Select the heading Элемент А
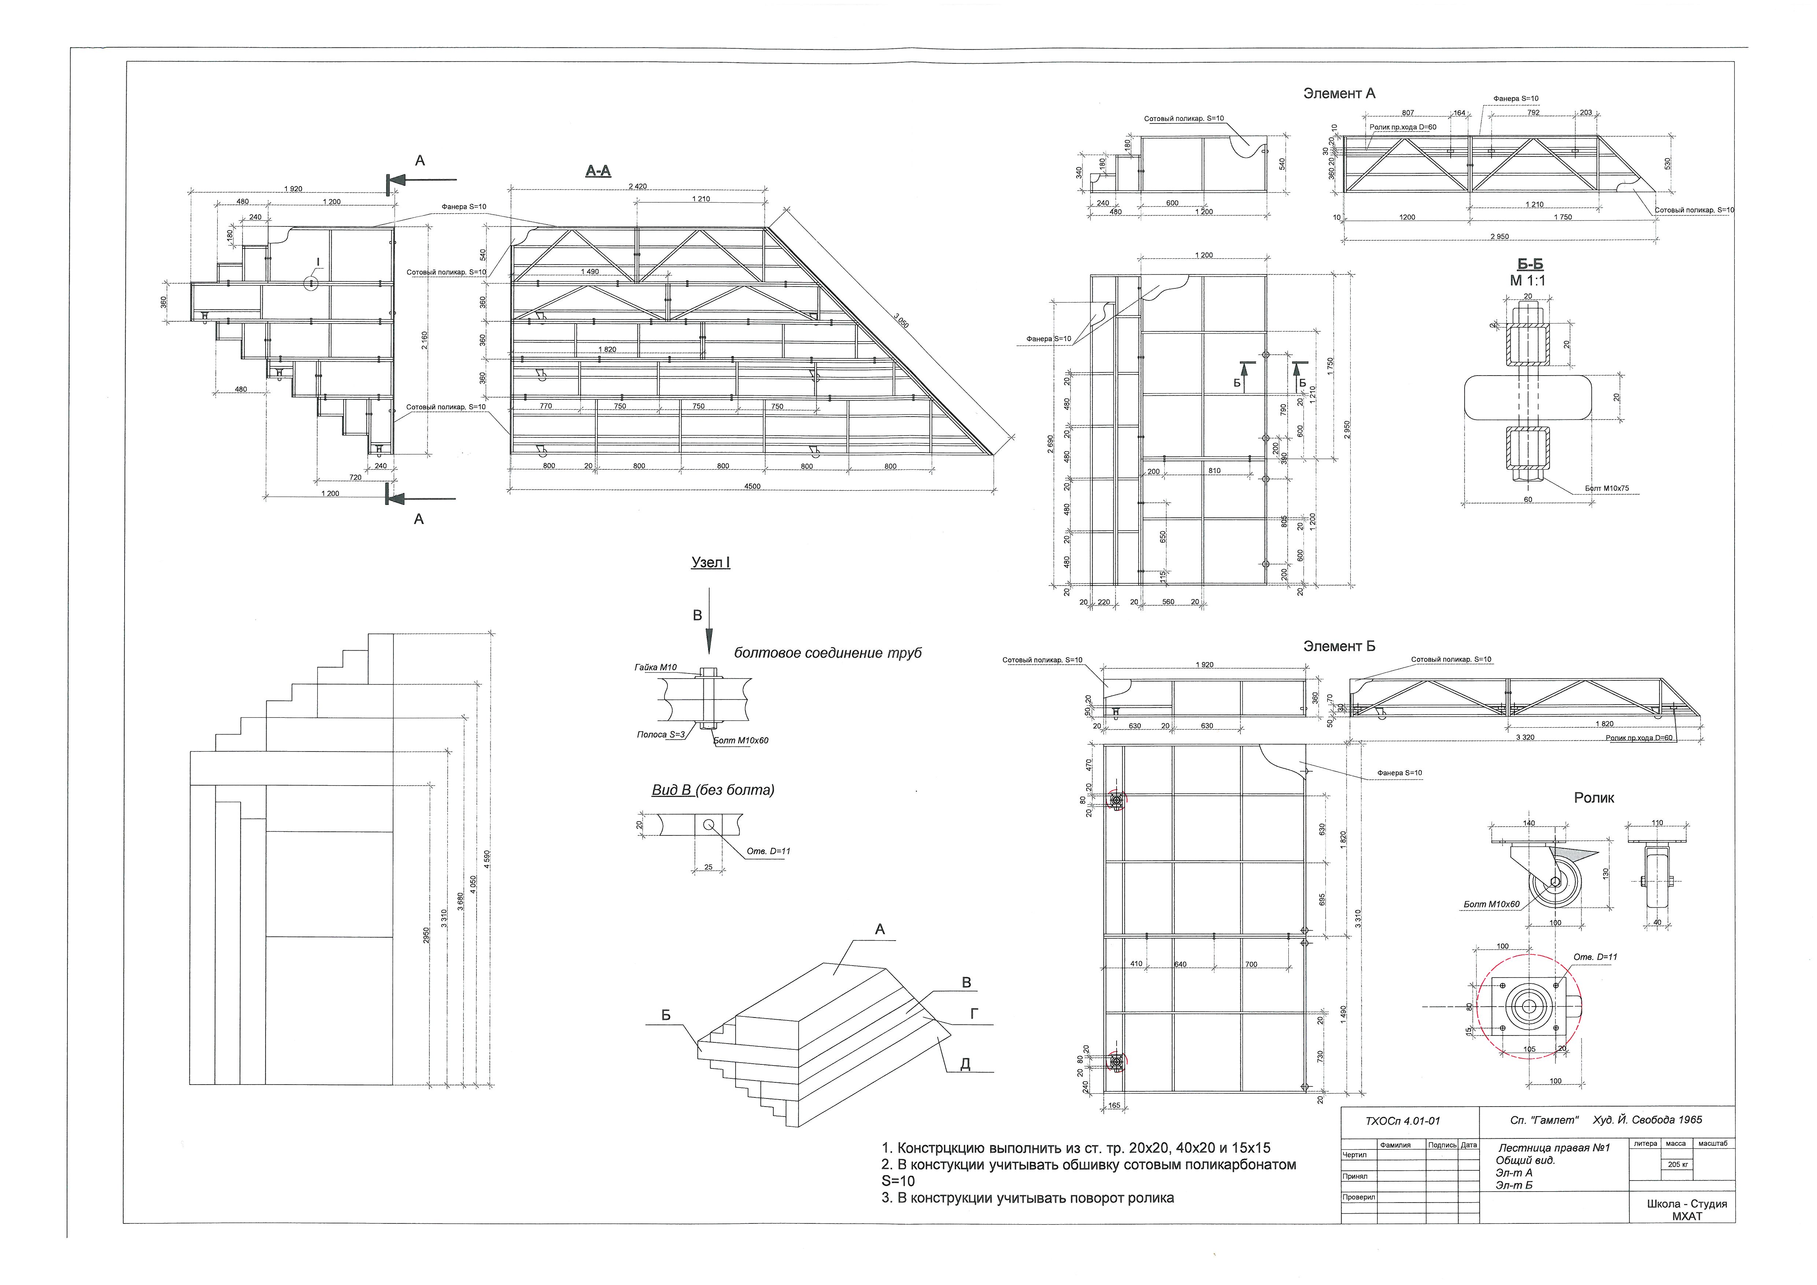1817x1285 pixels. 1339,93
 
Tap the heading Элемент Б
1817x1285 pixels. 1339,646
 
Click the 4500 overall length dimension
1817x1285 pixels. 752,486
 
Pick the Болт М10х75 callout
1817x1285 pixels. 1606,488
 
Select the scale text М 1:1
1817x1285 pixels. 1527,280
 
